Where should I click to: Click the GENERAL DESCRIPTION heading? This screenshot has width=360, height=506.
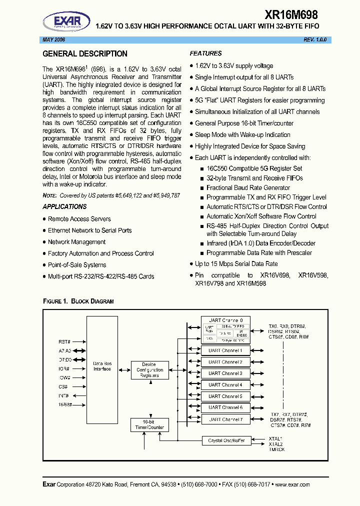[85, 54]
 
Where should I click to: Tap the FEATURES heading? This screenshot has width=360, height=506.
[205, 53]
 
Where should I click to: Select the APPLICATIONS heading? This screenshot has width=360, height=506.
[64, 206]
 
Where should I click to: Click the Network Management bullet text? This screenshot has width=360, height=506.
[76, 242]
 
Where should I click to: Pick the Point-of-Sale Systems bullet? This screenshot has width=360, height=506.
[77, 265]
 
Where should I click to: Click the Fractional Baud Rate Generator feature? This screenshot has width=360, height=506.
[248, 188]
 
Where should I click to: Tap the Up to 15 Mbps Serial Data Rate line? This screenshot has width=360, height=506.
[236, 264]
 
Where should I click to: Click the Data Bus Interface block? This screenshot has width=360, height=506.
[102, 365]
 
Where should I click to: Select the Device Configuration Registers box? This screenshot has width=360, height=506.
[149, 370]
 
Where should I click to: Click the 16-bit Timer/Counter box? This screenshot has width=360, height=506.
[149, 425]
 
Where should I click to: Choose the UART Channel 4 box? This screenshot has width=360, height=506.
[225, 385]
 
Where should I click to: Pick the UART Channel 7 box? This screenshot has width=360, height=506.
[225, 419]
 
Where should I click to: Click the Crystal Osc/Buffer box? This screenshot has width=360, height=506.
[226, 440]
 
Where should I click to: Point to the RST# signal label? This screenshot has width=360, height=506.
[63, 342]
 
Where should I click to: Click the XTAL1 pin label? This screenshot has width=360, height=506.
[275, 438]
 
